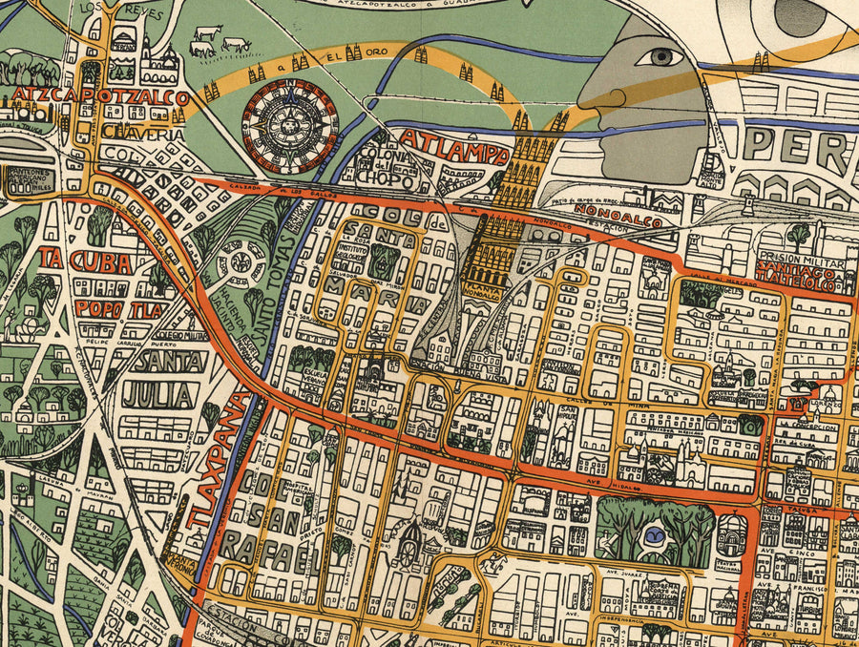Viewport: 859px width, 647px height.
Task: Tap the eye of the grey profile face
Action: [x=660, y=56]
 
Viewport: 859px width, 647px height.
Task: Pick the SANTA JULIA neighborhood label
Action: [x=167, y=378]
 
